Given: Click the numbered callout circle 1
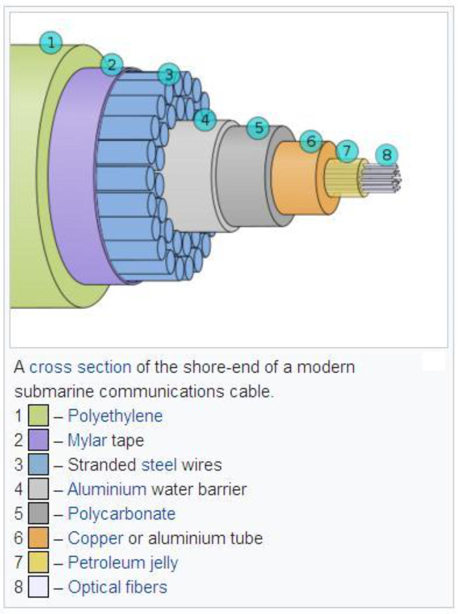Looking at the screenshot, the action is pos(51,42).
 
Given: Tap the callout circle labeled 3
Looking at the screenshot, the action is pos(169,75).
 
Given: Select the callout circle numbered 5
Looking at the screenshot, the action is pos(259,128).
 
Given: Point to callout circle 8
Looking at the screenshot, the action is pos(386,155).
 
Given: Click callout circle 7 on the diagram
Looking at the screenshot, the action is pos(347,151).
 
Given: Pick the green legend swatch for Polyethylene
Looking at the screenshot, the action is pos(38,415).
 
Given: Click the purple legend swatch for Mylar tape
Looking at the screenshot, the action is pos(38,440).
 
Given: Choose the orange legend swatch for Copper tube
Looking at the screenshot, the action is pos(38,538).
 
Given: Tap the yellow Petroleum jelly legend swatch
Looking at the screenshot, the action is pos(38,562).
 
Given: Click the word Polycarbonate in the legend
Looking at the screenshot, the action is pos(122,514).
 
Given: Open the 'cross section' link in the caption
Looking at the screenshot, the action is pos(80,367).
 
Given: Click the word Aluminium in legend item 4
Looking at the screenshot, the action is pos(107,489).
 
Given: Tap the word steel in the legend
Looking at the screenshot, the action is pos(159,465).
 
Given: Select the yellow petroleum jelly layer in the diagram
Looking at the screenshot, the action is pos(345,178).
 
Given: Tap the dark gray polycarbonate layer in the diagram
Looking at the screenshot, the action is pos(246,179).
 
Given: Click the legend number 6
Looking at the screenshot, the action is pos(18,538).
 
